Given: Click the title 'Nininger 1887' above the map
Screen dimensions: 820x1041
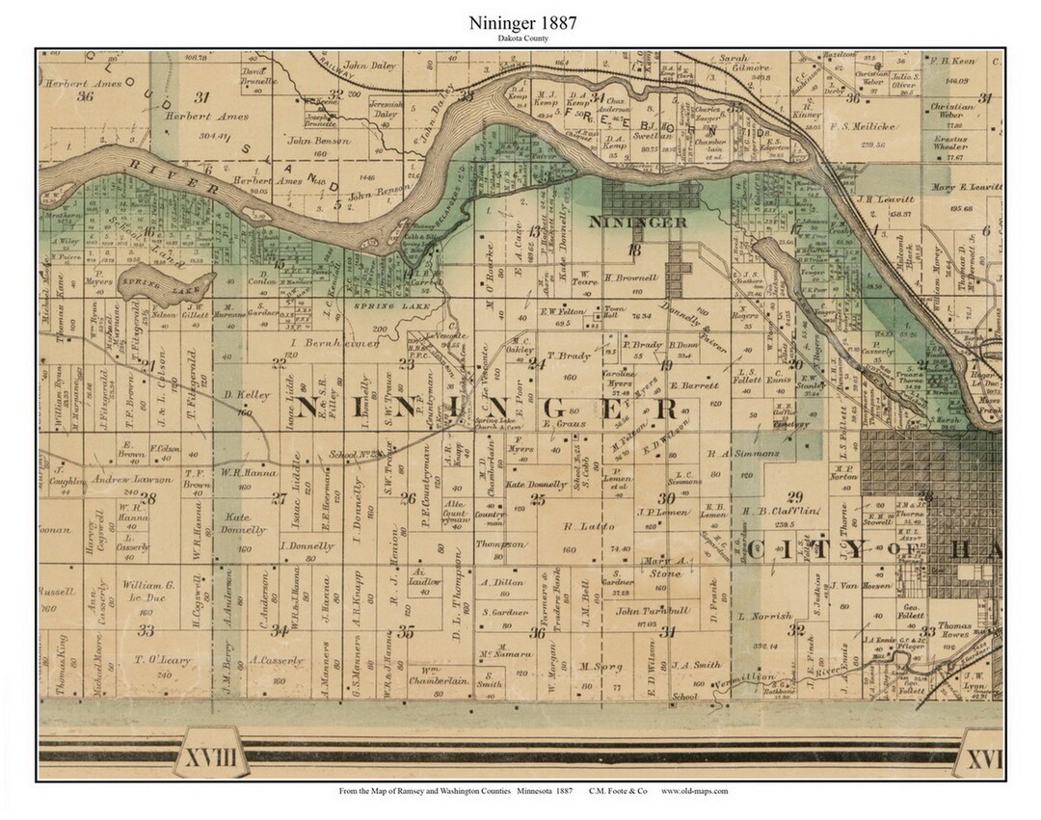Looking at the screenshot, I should point(520,22).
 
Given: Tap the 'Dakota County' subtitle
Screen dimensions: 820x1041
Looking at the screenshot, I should point(520,40).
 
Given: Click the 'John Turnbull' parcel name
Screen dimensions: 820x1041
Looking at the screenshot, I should point(654,611).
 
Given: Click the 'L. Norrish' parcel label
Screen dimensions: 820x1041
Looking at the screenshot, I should point(764,616).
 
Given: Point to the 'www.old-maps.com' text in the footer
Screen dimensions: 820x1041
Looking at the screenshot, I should point(694,790).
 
